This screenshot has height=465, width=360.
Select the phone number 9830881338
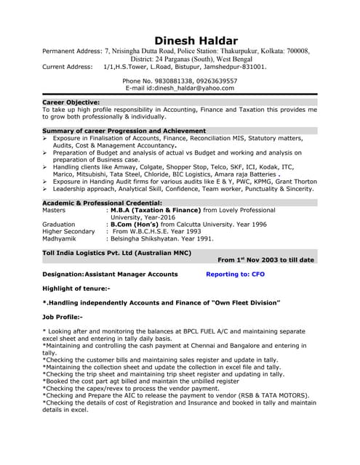pyautogui.click(x=169, y=81)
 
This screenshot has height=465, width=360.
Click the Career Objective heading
pyautogui.click(x=71, y=102)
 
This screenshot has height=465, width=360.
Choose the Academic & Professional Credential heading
pyautogui.click(x=102, y=203)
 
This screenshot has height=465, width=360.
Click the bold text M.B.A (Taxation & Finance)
pyautogui.click(x=156, y=210)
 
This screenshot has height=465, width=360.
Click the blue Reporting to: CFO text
pyautogui.click(x=236, y=275)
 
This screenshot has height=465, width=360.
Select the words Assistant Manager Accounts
pyautogui.click(x=132, y=275)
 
